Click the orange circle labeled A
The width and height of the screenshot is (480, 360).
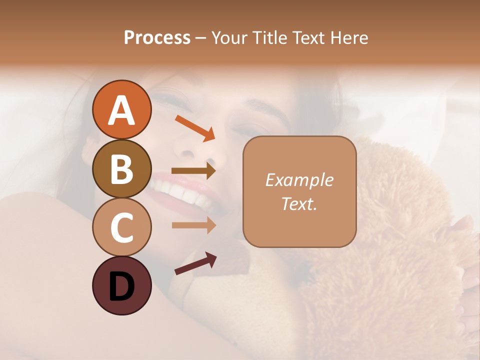[x=121, y=109]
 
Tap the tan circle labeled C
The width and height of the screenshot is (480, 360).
[x=121, y=227]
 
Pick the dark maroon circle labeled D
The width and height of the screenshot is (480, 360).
[x=121, y=286]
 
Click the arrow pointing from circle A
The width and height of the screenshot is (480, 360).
[x=195, y=128]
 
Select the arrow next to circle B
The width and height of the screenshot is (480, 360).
[x=193, y=171]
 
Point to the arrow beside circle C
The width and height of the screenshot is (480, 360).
[x=193, y=225]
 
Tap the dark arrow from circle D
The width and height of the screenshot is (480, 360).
[x=195, y=263]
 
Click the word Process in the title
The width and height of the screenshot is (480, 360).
[x=157, y=38]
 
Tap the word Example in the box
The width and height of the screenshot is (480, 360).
[x=299, y=180]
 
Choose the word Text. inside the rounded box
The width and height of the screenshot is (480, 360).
[x=299, y=204]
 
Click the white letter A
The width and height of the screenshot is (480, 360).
[x=121, y=110]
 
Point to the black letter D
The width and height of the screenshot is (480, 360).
[x=121, y=286]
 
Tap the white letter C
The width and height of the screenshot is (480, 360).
[x=121, y=228]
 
